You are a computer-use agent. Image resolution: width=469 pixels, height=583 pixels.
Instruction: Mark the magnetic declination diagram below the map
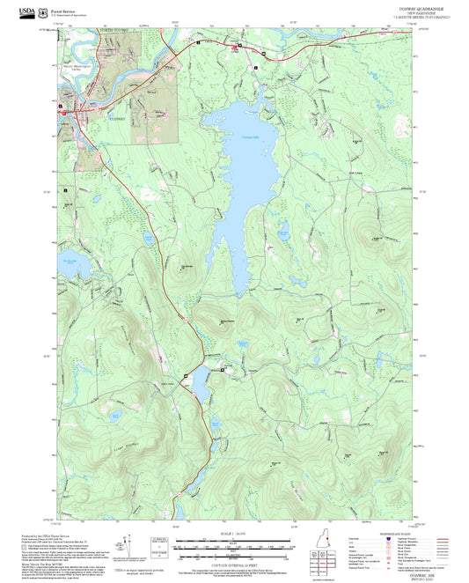point(132,546)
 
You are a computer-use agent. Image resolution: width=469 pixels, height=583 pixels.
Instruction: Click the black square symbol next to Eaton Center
point(222,370)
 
